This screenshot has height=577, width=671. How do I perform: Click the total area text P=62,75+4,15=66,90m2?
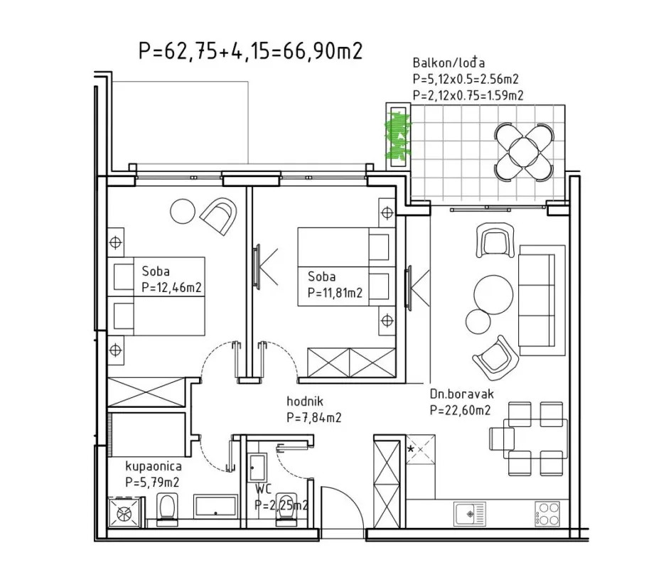[251, 51]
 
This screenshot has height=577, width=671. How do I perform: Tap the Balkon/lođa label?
[449, 63]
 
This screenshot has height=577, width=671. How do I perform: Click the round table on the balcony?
[524, 151]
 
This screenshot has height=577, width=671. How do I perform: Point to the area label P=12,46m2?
[171, 287]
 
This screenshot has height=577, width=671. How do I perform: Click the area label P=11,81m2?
[335, 293]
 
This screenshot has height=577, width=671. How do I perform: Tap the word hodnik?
[305, 401]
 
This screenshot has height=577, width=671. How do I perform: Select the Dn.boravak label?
[462, 394]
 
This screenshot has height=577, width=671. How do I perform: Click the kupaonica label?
[154, 466]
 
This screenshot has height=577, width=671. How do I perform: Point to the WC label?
[264, 489]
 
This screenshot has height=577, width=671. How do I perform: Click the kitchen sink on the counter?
[469, 513]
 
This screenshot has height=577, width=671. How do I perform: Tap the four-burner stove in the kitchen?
[547, 514]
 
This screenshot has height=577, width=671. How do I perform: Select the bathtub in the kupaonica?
[215, 507]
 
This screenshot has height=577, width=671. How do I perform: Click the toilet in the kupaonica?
[167, 509]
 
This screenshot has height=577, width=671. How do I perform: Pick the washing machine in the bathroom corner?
[124, 512]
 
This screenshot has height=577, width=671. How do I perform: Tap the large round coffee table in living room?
[493, 295]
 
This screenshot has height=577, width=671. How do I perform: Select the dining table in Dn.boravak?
[535, 439]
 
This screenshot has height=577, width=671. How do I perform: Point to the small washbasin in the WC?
[257, 468]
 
